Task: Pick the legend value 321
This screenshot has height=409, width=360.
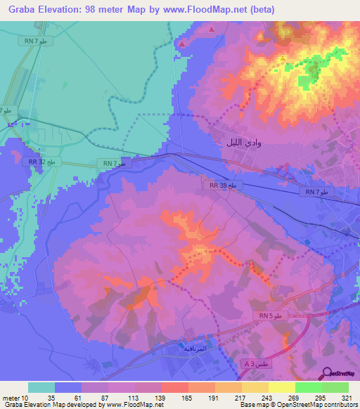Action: tap(348, 396)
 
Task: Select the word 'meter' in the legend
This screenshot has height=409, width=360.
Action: tap(12, 396)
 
